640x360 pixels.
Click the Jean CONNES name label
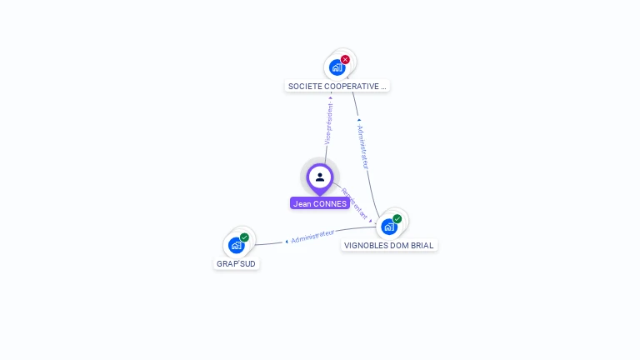[x=320, y=203]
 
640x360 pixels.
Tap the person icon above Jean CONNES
[x=320, y=177]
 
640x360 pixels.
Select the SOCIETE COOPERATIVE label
[x=337, y=86]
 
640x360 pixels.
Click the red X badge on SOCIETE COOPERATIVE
[x=345, y=59]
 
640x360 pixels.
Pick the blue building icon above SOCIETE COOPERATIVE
[x=337, y=67]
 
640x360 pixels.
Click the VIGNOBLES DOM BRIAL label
[x=388, y=245]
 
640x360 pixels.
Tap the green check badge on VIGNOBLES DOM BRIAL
[x=397, y=219]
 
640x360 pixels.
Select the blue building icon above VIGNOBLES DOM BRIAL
[x=388, y=227]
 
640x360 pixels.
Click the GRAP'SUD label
[x=237, y=263]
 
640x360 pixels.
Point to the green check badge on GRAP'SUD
[x=244, y=237]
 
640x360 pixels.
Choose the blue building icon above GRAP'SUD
[x=236, y=245]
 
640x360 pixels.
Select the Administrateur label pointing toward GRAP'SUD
[x=312, y=237]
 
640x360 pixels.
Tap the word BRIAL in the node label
[x=422, y=245]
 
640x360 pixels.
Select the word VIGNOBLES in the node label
[x=365, y=245]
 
